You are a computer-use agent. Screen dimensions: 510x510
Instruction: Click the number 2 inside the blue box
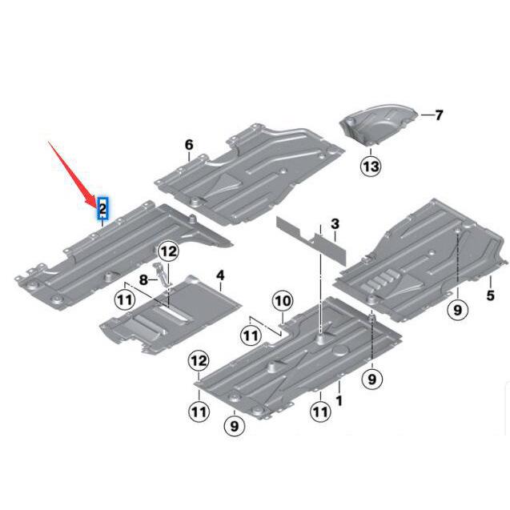click(103, 210)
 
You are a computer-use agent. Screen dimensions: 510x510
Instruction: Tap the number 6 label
click(189, 144)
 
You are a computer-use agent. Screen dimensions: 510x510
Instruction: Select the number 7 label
click(438, 115)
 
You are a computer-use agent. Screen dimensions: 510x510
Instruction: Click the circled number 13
click(371, 166)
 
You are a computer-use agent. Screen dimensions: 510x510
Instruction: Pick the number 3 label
click(335, 223)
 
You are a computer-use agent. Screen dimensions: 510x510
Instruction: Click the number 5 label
click(490, 295)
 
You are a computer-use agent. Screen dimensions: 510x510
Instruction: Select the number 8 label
click(144, 279)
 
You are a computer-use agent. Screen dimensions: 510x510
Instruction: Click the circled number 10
click(282, 301)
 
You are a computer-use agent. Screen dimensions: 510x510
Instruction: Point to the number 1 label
click(338, 398)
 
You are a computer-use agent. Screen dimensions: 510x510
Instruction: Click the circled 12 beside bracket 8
click(166, 251)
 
